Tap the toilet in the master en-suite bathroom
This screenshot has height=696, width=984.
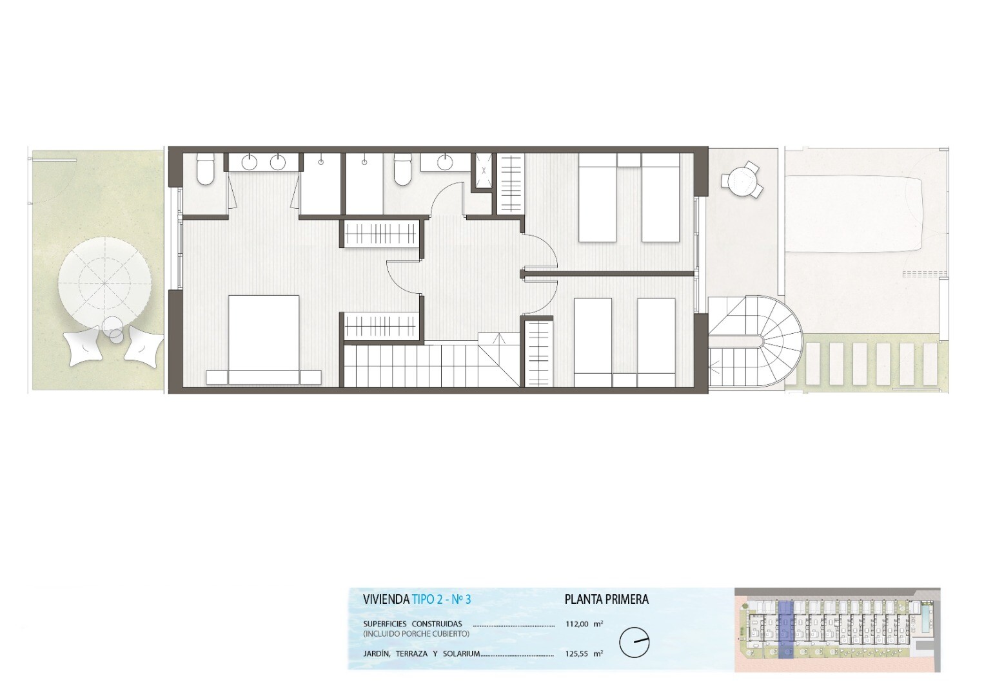[x=205, y=169]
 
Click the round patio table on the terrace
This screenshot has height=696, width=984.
[x=742, y=180]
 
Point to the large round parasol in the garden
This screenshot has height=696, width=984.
[x=106, y=283]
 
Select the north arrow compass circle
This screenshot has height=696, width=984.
[x=635, y=643]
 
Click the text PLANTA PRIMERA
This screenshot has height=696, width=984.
[x=606, y=599]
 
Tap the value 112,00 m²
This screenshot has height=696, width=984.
[x=585, y=624]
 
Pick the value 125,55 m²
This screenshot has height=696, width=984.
[x=585, y=653]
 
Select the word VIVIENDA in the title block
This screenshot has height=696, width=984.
[x=386, y=599]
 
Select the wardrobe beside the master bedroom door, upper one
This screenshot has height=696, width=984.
[x=380, y=234]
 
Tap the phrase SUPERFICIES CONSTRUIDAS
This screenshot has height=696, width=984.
[x=413, y=624]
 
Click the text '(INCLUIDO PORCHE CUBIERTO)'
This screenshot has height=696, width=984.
[x=416, y=633]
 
